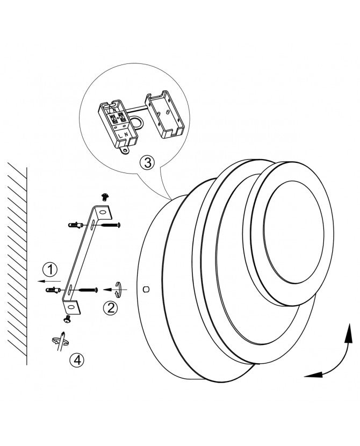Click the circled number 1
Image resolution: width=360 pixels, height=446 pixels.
[x=50, y=269]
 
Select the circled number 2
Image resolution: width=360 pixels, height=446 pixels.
[x=110, y=307]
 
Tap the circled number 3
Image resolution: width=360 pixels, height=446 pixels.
[x=147, y=163]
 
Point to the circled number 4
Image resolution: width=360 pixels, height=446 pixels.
[x=77, y=360]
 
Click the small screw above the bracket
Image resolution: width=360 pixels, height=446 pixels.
[x=105, y=197]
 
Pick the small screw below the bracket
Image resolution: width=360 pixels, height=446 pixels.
[x=67, y=319]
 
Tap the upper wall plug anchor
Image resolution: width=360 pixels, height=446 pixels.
[x=76, y=225]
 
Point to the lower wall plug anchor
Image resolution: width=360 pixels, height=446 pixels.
[x=53, y=290]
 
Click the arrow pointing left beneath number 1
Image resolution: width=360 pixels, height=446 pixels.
[x=48, y=282]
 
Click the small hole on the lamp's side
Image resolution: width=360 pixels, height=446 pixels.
[x=146, y=289]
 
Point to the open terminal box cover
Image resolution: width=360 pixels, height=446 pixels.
[x=164, y=114]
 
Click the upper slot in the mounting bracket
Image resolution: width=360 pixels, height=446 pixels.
[x=93, y=225]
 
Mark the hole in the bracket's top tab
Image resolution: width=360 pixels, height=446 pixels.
[x=103, y=212]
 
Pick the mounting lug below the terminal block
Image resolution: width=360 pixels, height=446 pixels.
[x=124, y=150]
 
